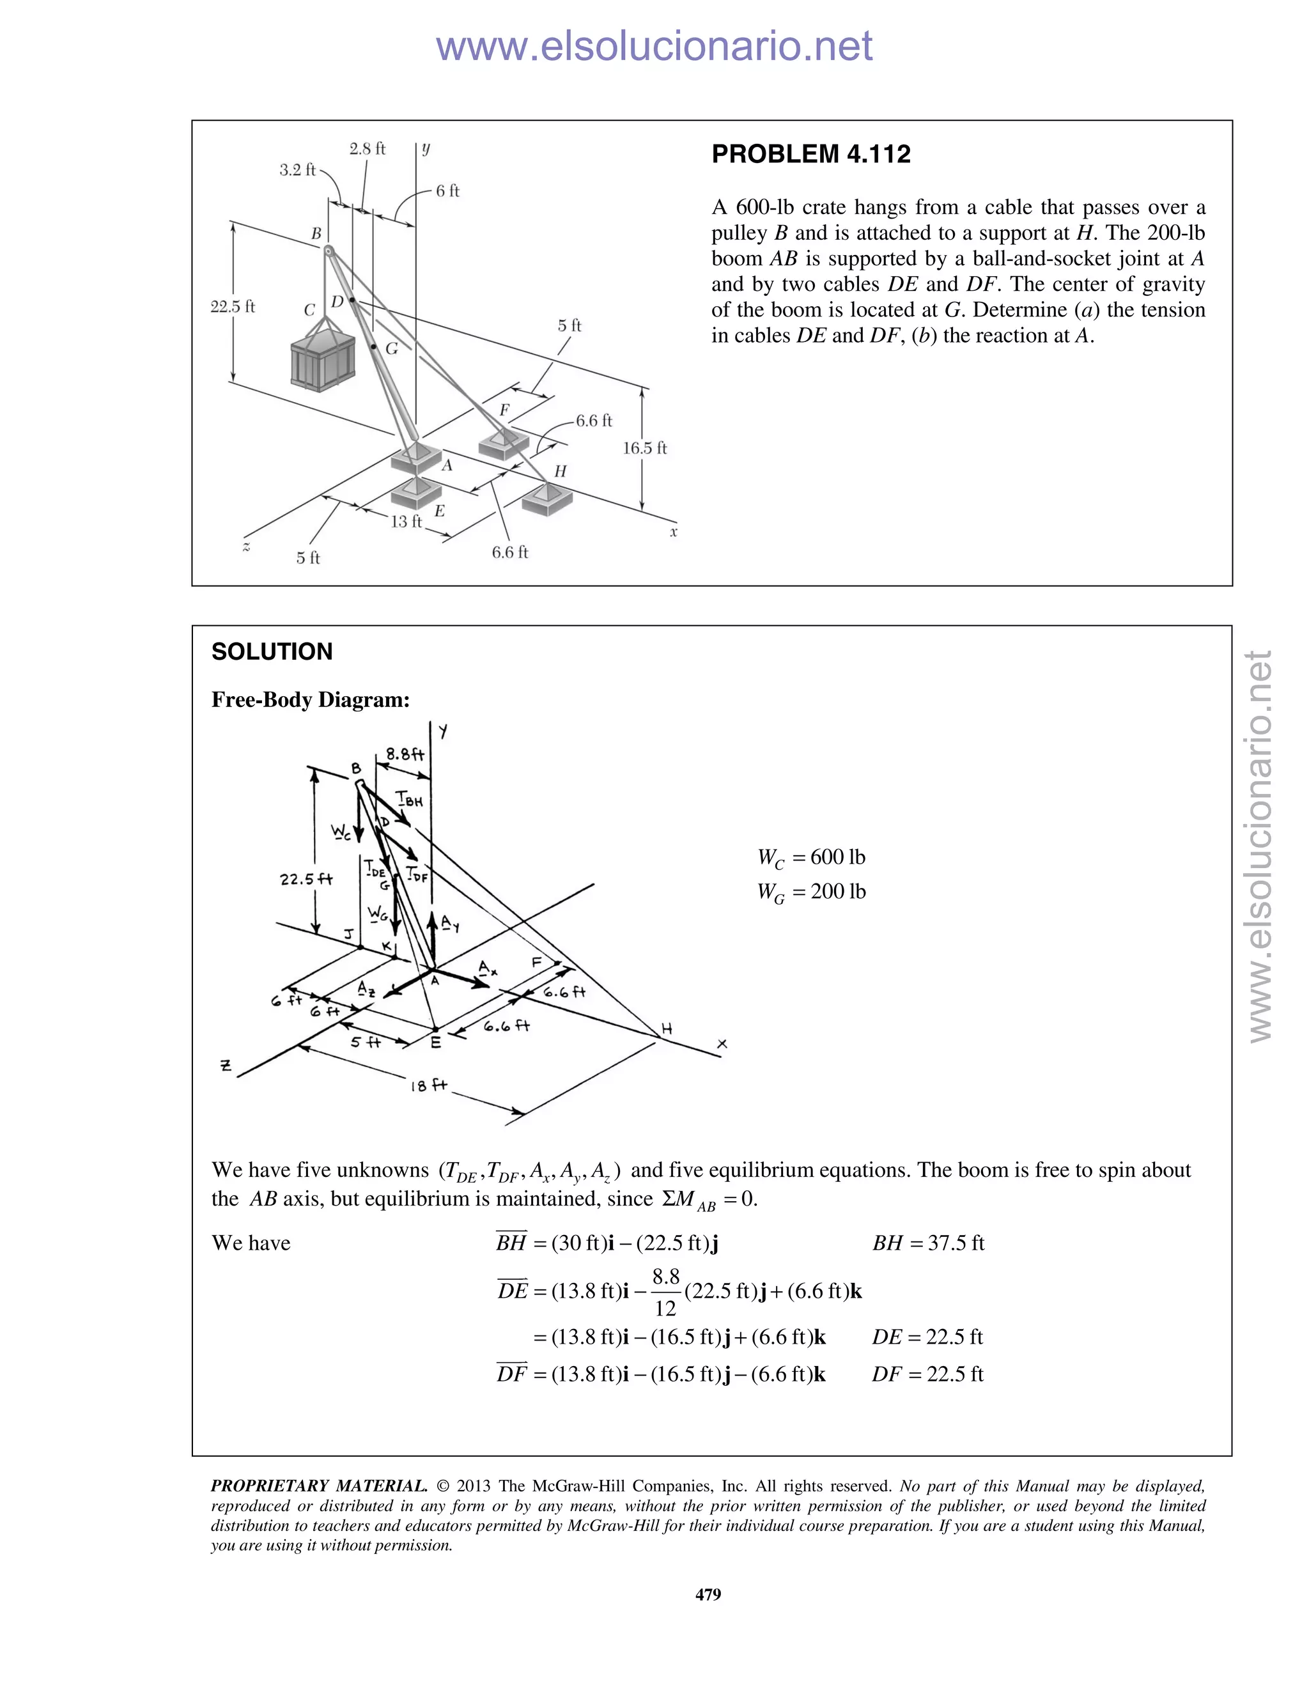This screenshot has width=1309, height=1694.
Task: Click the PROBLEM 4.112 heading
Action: click(810, 153)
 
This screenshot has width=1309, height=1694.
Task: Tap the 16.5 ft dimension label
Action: click(644, 447)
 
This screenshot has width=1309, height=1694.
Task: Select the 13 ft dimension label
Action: click(406, 521)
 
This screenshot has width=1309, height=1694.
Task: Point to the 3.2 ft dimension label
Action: click(298, 170)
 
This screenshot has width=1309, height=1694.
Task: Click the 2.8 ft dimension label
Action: click(367, 149)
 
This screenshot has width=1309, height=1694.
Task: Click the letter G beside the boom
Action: click(392, 349)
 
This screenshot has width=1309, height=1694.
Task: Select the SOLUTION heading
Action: click(272, 651)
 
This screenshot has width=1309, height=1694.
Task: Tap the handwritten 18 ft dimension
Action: click(429, 1085)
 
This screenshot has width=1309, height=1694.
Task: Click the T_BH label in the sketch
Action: click(410, 799)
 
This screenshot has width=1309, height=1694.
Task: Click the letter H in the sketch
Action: click(666, 1029)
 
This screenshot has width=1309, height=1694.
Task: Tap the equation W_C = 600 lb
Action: click(811, 858)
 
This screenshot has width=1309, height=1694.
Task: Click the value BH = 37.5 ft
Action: click(928, 1243)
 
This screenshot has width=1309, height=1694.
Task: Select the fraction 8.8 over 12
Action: click(665, 1292)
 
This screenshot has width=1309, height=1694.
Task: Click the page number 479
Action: click(708, 1594)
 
